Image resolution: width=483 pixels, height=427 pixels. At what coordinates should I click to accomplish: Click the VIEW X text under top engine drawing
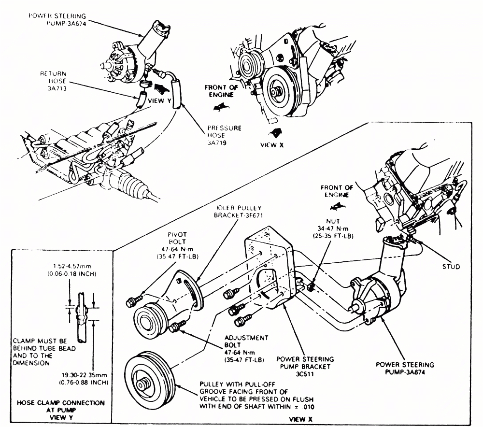point(269,144)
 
